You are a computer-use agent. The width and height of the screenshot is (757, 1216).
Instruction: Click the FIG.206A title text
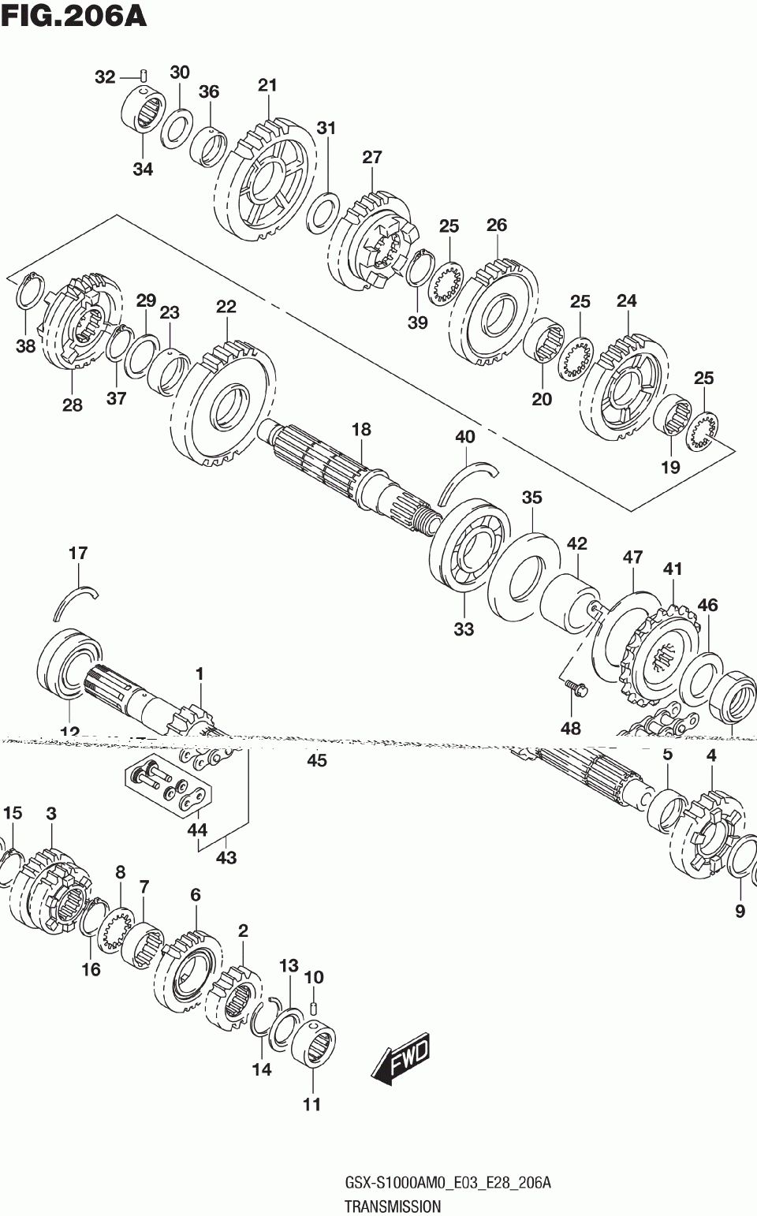pyautogui.click(x=73, y=15)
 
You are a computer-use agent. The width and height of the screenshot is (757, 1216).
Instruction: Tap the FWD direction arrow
pyautogui.click(x=400, y=1058)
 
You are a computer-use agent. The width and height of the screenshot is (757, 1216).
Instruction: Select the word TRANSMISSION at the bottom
pyautogui.click(x=392, y=1206)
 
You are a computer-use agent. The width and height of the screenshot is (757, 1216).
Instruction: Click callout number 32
pyautogui.click(x=105, y=76)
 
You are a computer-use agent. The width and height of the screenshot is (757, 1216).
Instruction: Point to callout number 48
pyautogui.click(x=570, y=728)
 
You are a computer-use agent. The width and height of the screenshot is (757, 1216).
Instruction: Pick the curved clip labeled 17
pyautogui.click(x=76, y=600)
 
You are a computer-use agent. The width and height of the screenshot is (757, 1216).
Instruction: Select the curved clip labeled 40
pyautogui.click(x=468, y=479)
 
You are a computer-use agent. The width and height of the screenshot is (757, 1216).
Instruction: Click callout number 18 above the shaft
pyautogui.click(x=361, y=430)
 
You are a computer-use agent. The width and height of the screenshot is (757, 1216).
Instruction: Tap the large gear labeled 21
pyautogui.click(x=264, y=181)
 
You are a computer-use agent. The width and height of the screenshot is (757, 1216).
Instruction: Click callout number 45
pyautogui.click(x=316, y=760)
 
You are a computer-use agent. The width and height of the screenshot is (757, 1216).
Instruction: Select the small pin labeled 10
pyautogui.click(x=313, y=1007)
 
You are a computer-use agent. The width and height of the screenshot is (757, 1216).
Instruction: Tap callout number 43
pyautogui.click(x=226, y=857)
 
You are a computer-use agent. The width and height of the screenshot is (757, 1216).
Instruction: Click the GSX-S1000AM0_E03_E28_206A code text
pyautogui.click(x=448, y=1183)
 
